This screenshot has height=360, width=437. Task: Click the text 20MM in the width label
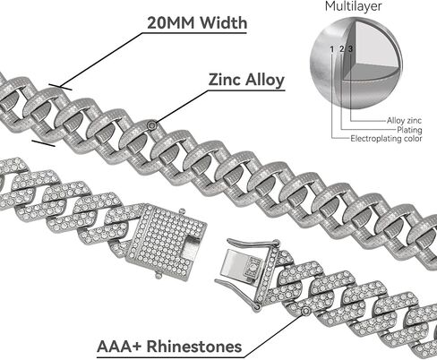tap(171, 23)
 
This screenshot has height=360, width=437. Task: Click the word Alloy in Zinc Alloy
tap(265, 81)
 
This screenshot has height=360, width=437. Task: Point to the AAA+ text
tap(119, 347)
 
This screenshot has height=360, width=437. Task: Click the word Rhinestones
tap(194, 347)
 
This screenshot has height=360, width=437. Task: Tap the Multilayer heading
tap(353, 6)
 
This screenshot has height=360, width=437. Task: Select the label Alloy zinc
tap(404, 121)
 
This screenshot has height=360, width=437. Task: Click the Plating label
tap(409, 130)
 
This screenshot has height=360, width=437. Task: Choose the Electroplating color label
tap(386, 139)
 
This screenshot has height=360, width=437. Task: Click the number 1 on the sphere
tap(332, 49)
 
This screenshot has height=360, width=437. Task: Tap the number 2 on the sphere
tap(342, 49)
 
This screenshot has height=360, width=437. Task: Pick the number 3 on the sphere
tap(350, 48)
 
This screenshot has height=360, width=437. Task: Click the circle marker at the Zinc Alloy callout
tap(152, 125)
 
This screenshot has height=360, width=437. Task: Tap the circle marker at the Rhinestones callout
tap(305, 312)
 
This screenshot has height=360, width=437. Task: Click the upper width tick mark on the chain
tap(60, 87)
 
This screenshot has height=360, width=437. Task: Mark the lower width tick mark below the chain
tap(44, 143)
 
